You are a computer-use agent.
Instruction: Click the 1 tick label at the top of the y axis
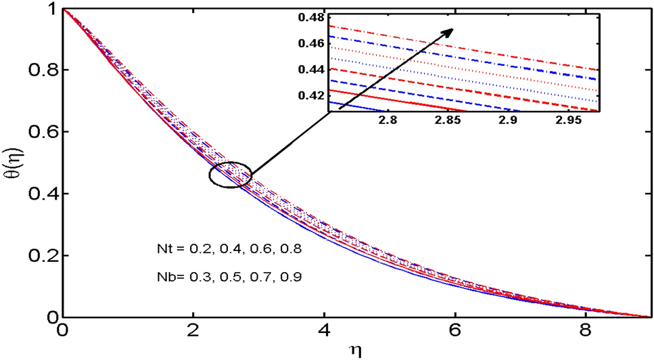pos(51,9)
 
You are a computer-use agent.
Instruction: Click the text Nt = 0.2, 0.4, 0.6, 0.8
pos(228,250)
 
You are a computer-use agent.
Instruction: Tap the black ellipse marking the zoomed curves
pos(230,175)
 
